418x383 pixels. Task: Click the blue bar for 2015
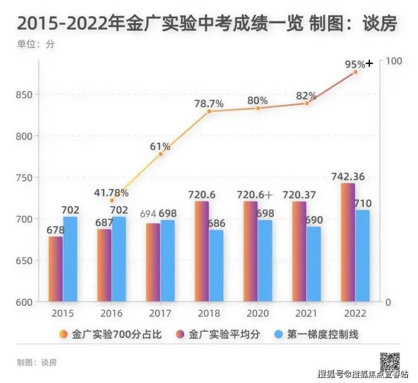point(70,259)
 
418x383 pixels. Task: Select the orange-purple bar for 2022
point(348,243)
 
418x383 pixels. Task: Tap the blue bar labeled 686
point(216,266)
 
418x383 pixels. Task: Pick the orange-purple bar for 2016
point(104,266)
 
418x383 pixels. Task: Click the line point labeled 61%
point(160,154)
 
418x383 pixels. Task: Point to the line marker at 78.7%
point(209,111)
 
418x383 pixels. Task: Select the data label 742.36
point(348,177)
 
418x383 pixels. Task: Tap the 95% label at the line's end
point(355,64)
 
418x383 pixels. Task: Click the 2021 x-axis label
point(306,313)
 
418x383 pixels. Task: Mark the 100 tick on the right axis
point(393,61)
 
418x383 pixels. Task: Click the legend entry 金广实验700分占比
point(111,334)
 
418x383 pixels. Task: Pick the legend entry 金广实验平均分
point(219,334)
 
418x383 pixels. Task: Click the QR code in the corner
point(389,360)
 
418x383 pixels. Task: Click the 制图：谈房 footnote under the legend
point(37,362)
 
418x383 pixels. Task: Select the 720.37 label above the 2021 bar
point(306,195)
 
